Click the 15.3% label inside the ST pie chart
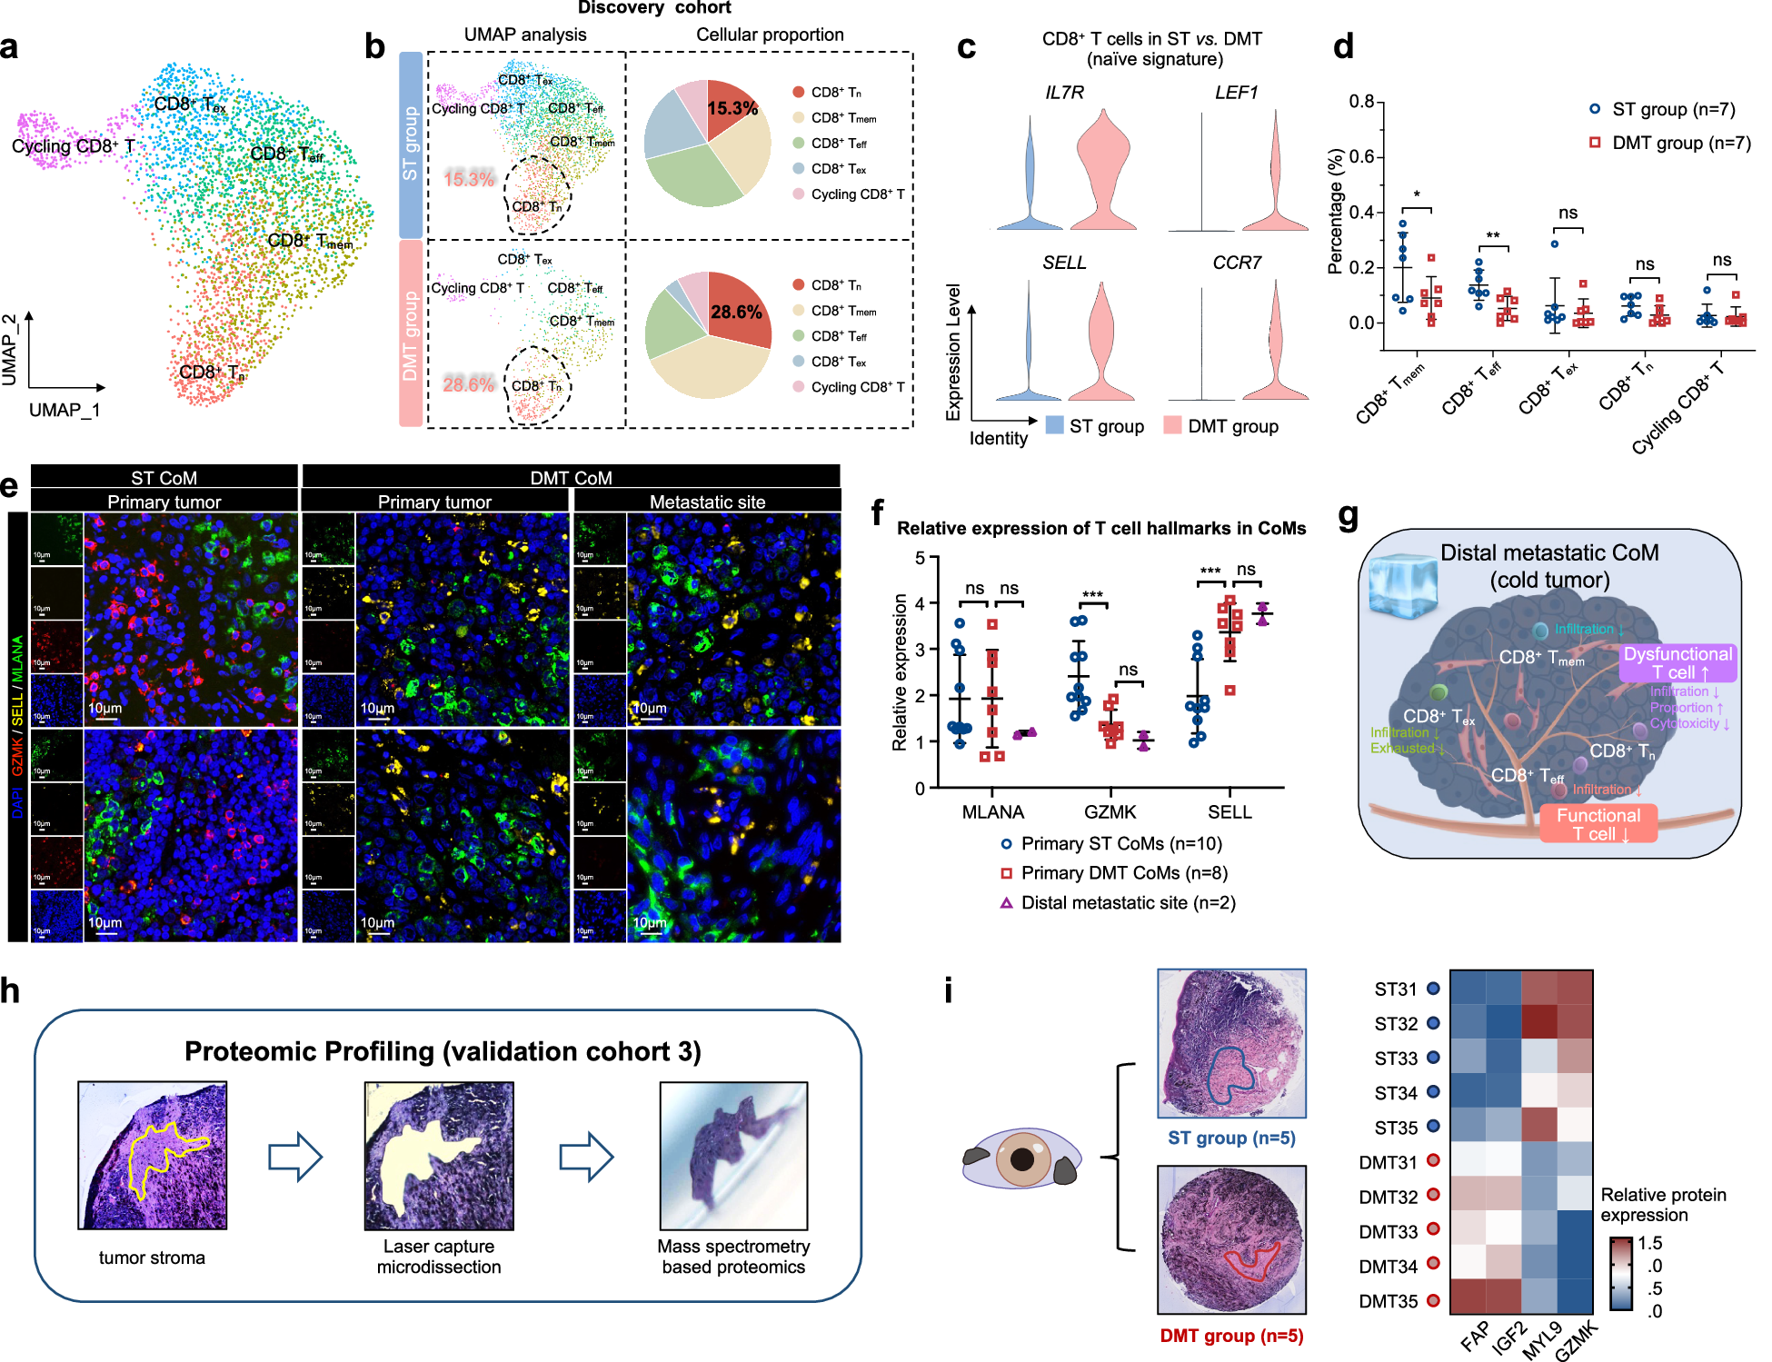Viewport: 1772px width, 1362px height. pos(732,108)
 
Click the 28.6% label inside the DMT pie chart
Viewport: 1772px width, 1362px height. pos(735,312)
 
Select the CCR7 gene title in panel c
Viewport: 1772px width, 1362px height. pos(1236,263)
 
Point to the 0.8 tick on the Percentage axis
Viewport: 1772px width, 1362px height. pos(1360,101)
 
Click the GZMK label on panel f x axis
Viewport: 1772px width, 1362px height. pos(1110,811)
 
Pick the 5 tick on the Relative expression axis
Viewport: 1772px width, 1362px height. pos(920,558)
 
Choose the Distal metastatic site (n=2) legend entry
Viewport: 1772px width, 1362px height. pos(1117,902)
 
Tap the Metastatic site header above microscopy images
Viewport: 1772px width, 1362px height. pos(707,502)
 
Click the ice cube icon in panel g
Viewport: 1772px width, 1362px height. pos(1403,587)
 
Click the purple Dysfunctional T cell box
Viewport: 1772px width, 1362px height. pos(1677,663)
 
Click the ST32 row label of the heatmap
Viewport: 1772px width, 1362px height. pos(1395,1024)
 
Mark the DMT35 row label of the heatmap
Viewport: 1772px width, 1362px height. pos(1388,1301)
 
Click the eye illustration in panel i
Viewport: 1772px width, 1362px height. pos(1021,1158)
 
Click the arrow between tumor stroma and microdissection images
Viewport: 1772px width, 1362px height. pos(295,1157)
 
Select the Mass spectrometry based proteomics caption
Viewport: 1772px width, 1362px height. pos(733,1257)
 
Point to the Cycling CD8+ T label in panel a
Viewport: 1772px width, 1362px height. pos(73,146)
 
